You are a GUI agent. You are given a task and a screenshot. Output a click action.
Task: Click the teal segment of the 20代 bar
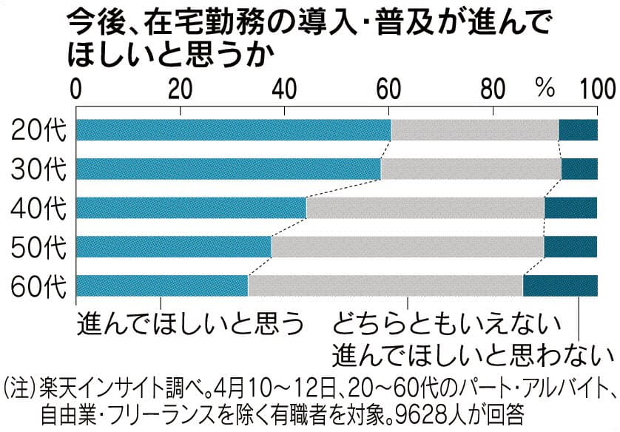point(233,129)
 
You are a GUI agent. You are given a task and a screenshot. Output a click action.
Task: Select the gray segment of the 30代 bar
point(471,169)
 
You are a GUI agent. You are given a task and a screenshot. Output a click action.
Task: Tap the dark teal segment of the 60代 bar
point(560,285)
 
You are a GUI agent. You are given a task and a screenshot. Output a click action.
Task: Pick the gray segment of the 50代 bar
point(408,246)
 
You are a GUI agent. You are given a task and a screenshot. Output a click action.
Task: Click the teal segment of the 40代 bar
point(191,208)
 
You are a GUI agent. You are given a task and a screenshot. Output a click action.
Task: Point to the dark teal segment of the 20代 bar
point(577,129)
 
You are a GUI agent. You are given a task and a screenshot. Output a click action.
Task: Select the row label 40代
point(38,208)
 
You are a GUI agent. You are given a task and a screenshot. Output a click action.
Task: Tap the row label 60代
point(38,286)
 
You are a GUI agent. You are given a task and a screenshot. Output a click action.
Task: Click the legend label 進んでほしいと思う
point(190,323)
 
